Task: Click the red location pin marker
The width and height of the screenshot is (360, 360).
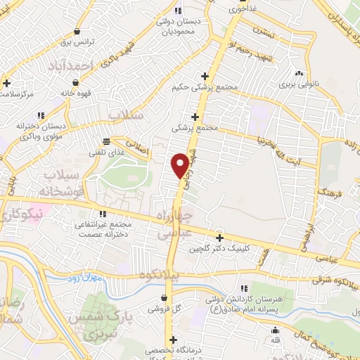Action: [180, 164]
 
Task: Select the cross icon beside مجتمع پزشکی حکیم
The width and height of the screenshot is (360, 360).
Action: [205, 76]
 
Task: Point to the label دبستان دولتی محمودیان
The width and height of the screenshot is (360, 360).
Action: [177, 27]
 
